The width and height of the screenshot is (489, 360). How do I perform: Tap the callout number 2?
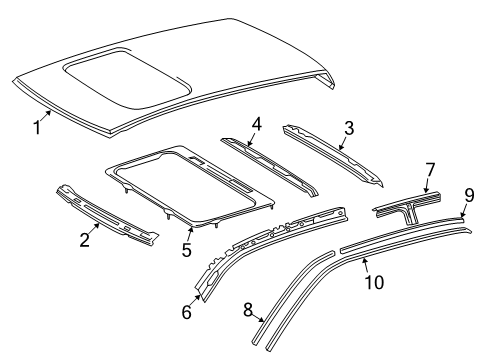tap(84, 239)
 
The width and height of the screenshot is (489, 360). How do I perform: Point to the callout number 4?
tap(256, 124)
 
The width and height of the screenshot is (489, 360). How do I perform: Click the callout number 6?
tap(185, 312)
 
